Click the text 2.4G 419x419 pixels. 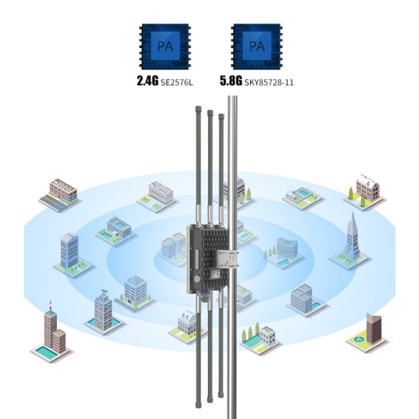pos(148,82)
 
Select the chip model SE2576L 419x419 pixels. pos(178,82)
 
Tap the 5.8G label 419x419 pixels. pos(231,82)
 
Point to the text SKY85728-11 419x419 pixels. pos(269,82)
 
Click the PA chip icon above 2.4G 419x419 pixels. pos(164,45)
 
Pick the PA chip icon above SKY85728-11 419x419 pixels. pos(256,45)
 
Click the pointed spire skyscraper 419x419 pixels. pos(351,238)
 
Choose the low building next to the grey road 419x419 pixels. pos(63,191)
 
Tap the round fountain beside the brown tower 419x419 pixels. pos(358,338)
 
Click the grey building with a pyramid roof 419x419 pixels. pos(136,288)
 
